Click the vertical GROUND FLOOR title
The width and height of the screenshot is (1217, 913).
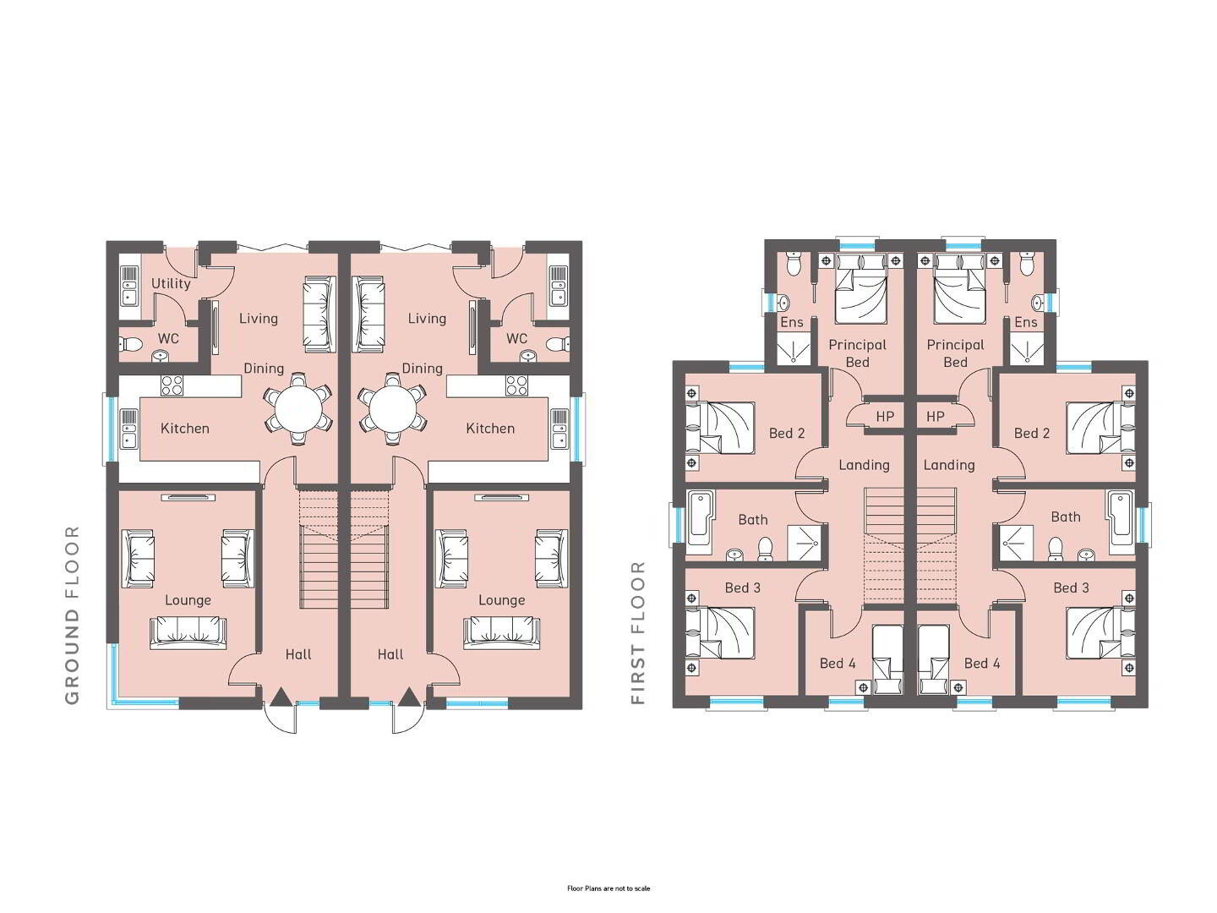click(73, 615)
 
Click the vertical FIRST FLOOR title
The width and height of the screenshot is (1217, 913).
click(638, 632)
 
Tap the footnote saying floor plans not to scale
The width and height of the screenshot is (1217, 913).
click(608, 888)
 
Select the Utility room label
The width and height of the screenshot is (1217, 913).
click(171, 284)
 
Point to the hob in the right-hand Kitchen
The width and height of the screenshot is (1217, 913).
click(516, 385)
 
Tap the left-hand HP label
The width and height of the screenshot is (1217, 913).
click(885, 416)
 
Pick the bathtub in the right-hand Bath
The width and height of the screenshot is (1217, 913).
click(1121, 522)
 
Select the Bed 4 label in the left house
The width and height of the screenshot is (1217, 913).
click(838, 664)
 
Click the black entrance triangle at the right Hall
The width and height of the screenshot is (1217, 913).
click(410, 697)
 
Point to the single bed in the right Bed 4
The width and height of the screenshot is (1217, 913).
click(934, 659)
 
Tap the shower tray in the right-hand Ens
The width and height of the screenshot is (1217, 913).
click(1026, 348)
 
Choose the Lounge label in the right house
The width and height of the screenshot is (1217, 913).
click(502, 600)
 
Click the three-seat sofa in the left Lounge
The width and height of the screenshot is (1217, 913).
click(188, 632)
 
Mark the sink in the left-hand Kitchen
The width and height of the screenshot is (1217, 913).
click(128, 429)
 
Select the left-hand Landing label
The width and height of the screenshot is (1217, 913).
click(864, 465)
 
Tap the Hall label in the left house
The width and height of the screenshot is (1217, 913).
click(298, 654)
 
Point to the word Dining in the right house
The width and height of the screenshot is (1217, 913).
click(422, 369)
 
